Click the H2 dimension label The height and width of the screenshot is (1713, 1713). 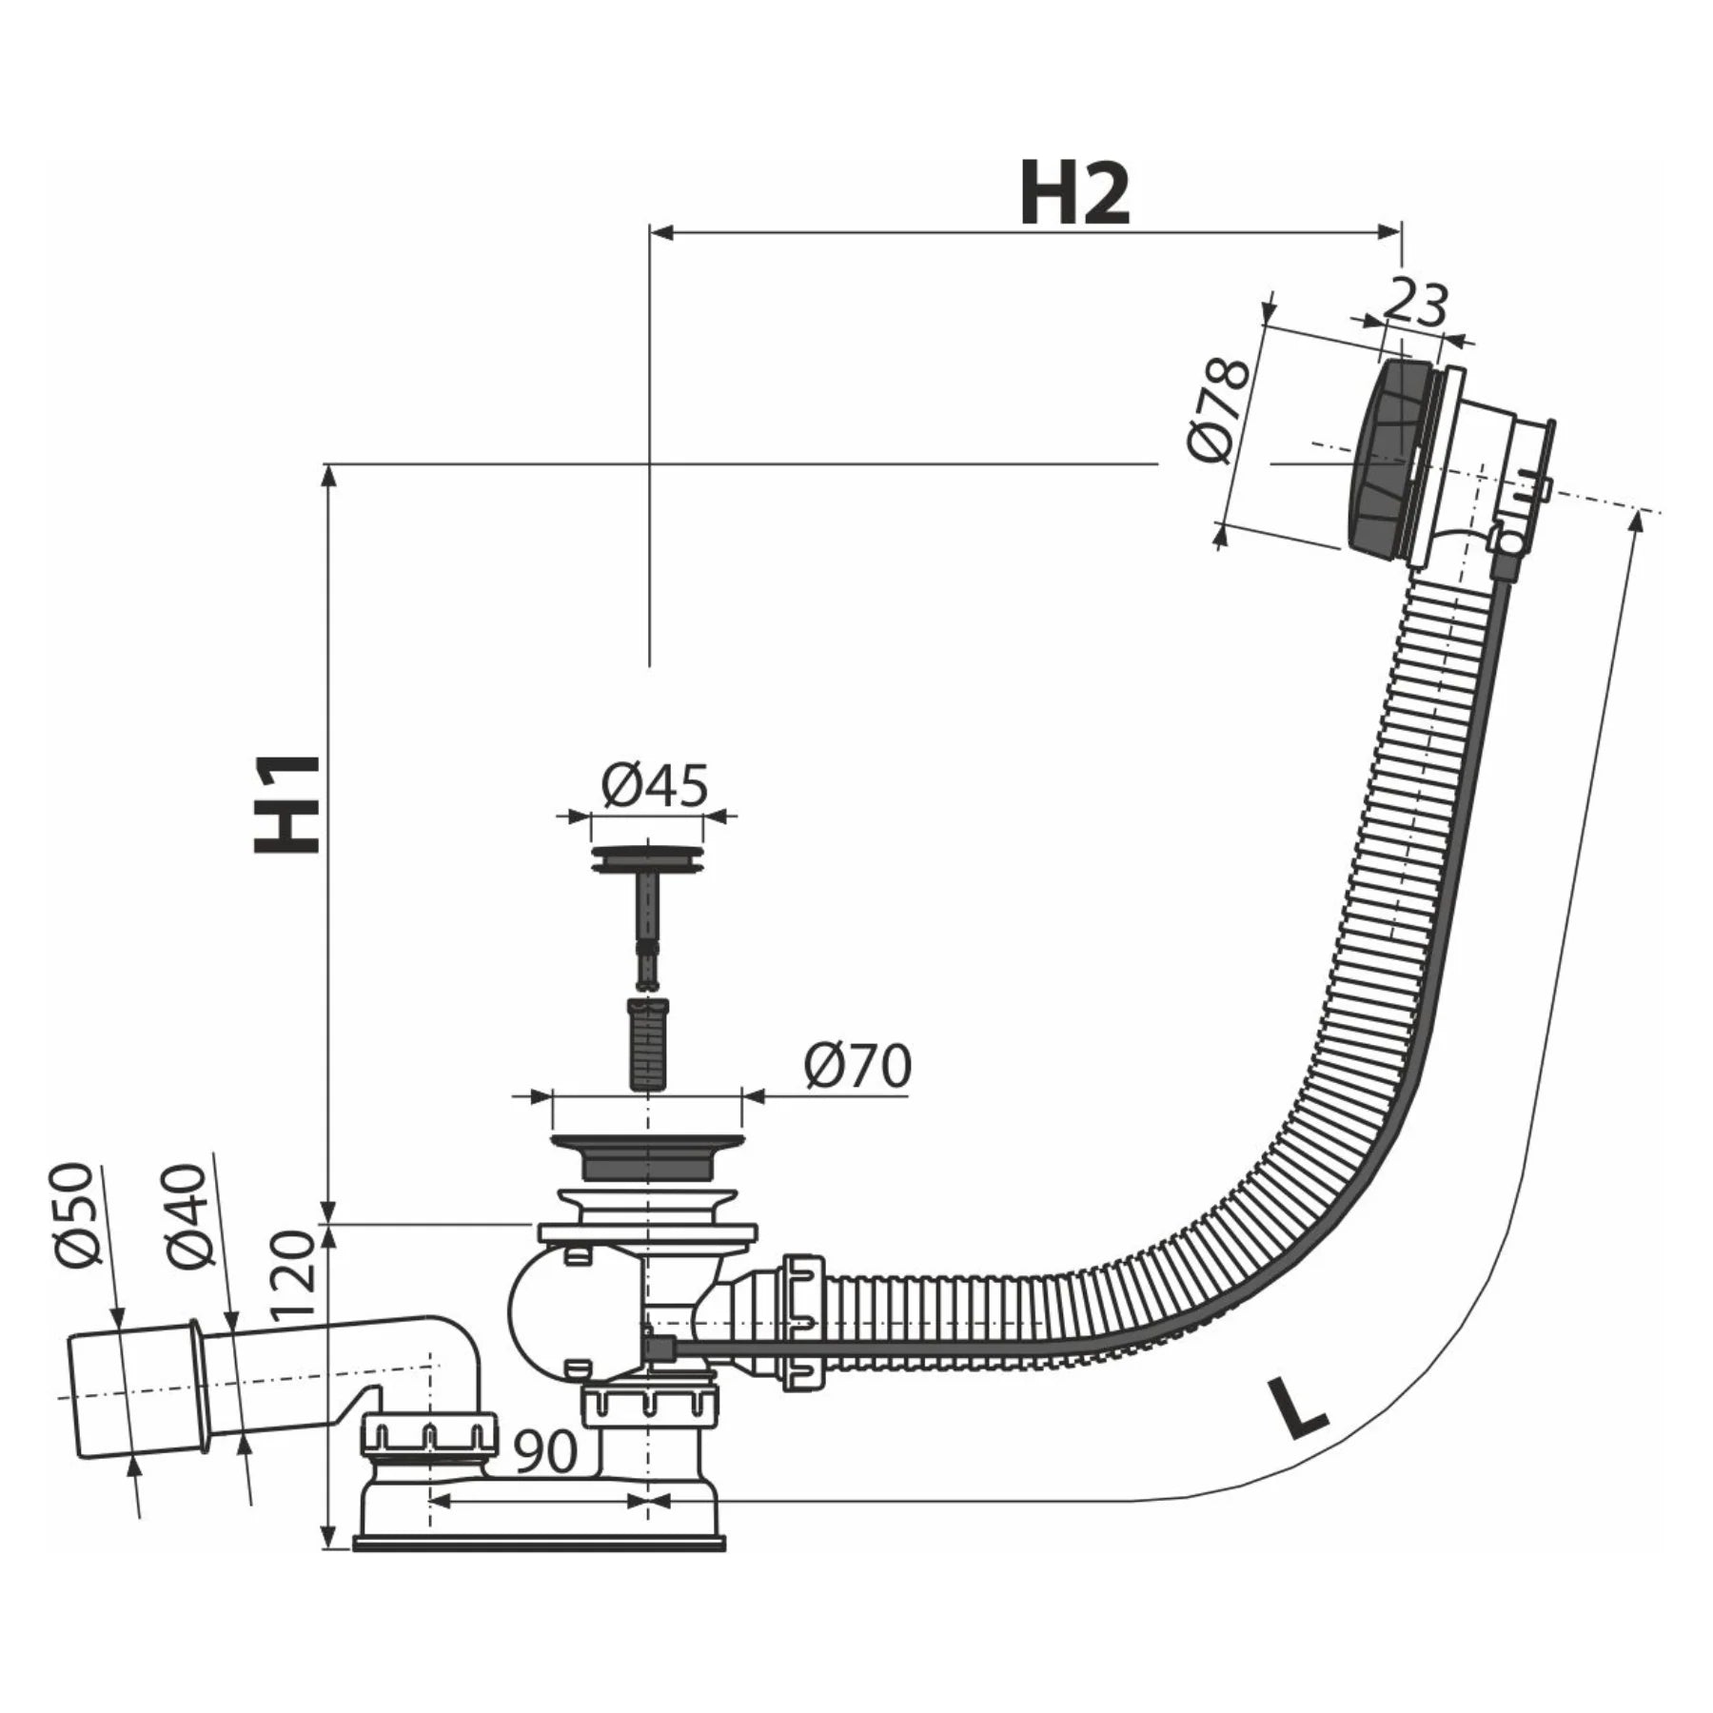[1074, 194]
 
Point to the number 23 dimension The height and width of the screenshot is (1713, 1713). [1414, 305]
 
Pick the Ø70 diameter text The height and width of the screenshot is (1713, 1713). [856, 1066]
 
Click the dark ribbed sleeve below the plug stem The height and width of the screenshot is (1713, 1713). [647, 1043]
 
